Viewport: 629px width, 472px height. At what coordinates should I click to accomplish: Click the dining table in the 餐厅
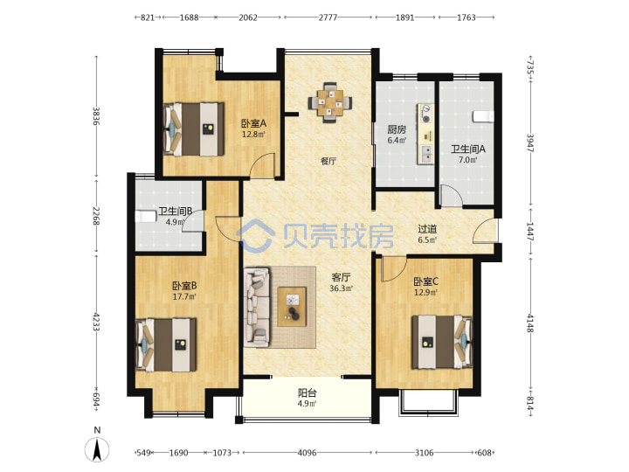pos(331,102)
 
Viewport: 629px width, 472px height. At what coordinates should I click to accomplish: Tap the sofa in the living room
pos(257,307)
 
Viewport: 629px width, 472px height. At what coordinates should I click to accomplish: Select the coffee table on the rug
pos(292,307)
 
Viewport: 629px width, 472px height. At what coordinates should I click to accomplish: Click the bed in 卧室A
pos(194,129)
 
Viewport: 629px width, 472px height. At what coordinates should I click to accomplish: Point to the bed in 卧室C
pos(442,342)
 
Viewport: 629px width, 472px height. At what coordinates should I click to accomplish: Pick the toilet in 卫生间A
pos(483,116)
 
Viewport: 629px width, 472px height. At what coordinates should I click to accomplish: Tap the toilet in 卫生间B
pos(145,217)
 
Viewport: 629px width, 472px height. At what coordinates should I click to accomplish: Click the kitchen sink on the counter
pos(425,154)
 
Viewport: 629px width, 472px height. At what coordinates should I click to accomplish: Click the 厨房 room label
pos(397,129)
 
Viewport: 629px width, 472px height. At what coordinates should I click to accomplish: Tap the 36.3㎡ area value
pos(341,288)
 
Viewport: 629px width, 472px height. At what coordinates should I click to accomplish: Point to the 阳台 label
pos(308,392)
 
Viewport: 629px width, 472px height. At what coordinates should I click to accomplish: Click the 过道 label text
pos(427,229)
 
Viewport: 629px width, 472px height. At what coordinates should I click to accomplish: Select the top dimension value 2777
pos(328,17)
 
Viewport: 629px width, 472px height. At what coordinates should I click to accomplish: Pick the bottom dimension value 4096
pos(307,453)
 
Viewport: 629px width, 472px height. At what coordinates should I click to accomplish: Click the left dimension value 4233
pos(96,322)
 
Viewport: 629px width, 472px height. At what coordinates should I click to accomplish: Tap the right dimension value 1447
pos(530,232)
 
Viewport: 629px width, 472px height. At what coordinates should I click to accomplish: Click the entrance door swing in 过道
pos(485,231)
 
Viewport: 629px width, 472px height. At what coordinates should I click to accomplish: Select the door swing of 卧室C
pos(393,269)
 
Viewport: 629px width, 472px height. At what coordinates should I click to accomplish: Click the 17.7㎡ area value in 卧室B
pos(184,297)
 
